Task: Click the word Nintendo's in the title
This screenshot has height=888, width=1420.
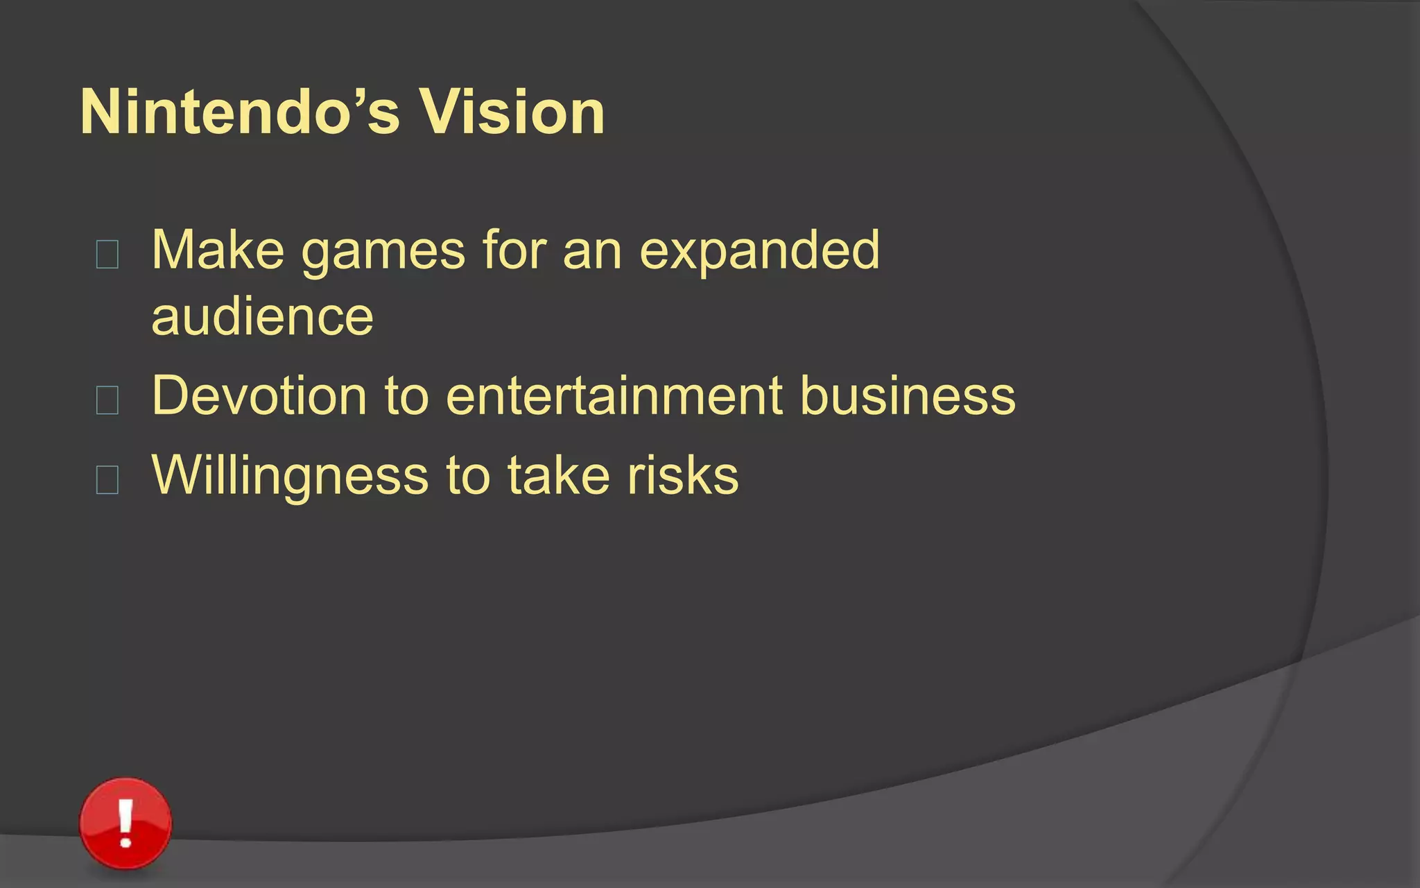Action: pos(240,112)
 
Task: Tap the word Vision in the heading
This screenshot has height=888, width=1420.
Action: pos(512,112)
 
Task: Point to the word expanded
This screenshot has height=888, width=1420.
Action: pos(759,251)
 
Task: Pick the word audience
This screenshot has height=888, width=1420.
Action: pos(262,317)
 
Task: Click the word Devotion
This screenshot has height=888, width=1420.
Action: pos(259,396)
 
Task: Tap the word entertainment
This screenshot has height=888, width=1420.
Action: pos(614,396)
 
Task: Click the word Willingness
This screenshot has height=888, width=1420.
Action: pos(290,477)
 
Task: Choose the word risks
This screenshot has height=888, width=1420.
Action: pos(683,476)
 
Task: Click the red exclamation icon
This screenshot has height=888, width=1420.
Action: pos(125,823)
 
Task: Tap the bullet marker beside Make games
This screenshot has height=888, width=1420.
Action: pos(107,254)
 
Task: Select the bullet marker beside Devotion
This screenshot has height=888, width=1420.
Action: pos(107,400)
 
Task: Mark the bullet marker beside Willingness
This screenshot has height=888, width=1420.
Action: pos(107,479)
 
